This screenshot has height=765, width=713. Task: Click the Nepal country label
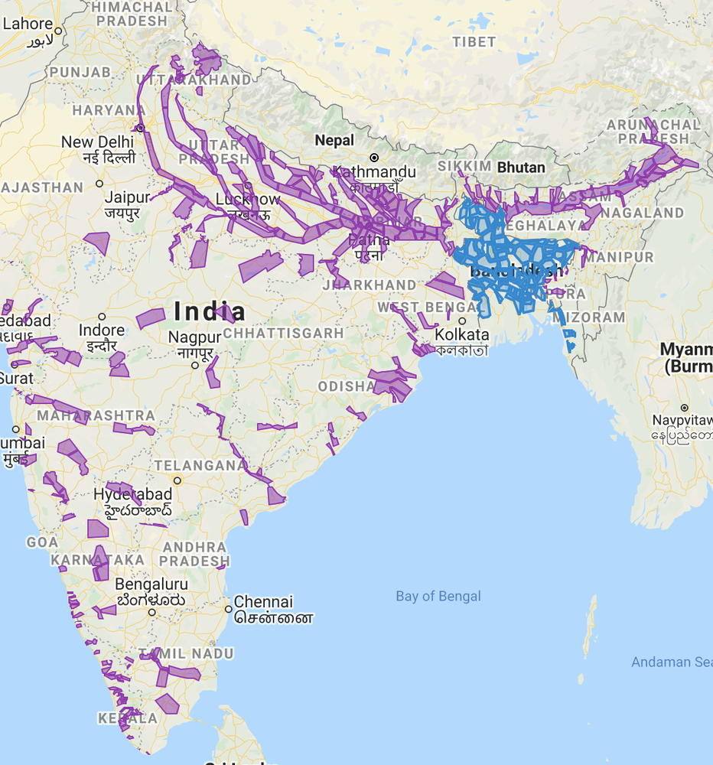point(335,141)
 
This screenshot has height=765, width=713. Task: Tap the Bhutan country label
point(521,167)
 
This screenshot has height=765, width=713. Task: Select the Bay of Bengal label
point(438,596)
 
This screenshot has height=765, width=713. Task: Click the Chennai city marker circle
point(229,609)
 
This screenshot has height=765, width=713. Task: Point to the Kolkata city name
point(461,334)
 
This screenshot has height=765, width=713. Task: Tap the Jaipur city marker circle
point(100,184)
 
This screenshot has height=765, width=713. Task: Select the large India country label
point(210,311)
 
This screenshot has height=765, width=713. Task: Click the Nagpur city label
point(194,337)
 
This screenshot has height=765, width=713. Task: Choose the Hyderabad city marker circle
point(177,480)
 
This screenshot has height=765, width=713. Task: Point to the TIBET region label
point(474,42)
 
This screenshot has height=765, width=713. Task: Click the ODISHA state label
point(347,386)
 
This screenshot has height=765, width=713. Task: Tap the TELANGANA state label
point(200,465)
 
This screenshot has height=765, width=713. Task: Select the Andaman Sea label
point(671,662)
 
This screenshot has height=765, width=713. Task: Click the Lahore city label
point(28,24)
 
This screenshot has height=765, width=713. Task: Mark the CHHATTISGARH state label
point(283,334)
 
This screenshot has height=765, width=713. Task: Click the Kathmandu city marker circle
point(374,158)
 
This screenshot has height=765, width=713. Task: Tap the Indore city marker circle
point(102,317)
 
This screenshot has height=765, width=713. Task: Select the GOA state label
point(42,542)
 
